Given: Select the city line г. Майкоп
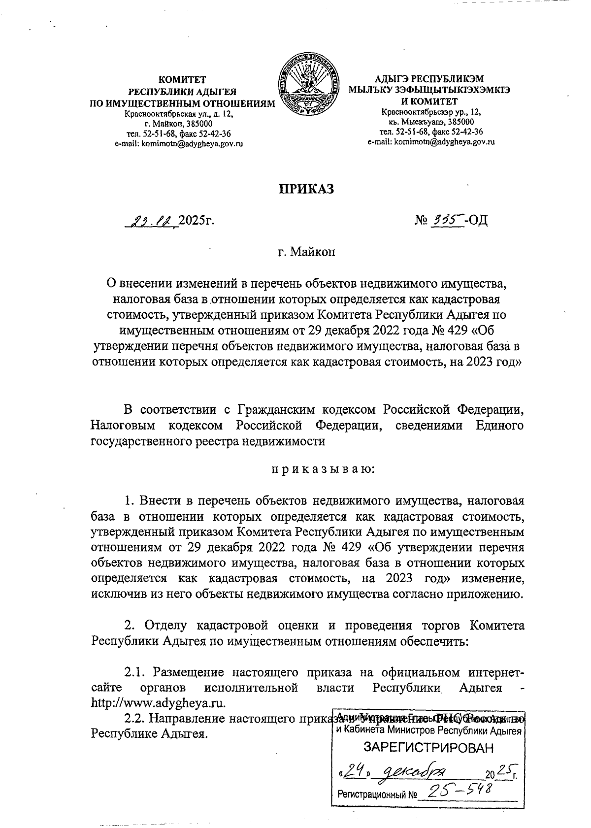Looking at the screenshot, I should (x=306, y=253).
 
